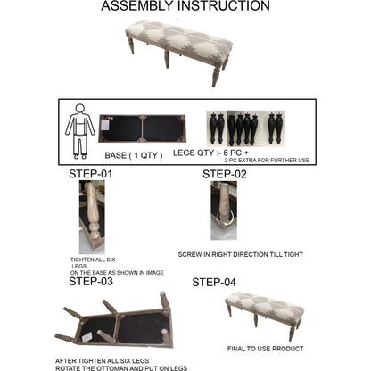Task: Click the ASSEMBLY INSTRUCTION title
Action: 185,6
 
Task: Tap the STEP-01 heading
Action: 91,174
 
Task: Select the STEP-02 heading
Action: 225,174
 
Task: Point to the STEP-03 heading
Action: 91,281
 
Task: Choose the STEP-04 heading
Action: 214,282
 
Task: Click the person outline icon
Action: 80,131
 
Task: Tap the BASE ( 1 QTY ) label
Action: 134,155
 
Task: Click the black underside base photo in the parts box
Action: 142,128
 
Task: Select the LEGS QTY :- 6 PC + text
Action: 210,153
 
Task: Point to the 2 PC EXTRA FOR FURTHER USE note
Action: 267,161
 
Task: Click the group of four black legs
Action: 243,128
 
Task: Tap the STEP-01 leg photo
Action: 92,217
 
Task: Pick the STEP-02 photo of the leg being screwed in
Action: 224,210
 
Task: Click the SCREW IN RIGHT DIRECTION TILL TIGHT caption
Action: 241,255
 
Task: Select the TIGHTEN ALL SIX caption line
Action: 93,260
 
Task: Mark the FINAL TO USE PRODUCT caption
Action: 266,349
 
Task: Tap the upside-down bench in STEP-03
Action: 114,320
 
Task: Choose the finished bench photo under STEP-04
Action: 265,315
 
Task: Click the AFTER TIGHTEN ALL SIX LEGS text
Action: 103,361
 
